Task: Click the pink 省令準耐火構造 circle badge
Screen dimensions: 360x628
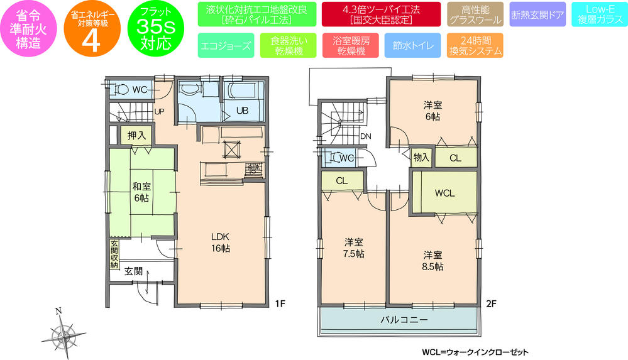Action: pos(29,30)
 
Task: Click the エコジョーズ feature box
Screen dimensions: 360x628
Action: pos(226,46)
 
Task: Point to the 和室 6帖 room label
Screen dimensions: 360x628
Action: pos(141,192)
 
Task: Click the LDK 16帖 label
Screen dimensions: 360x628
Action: pos(219,243)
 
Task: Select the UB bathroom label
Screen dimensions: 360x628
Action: pos(242,110)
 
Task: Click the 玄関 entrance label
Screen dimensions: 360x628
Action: pos(133,271)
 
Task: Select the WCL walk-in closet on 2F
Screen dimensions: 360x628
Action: pos(444,193)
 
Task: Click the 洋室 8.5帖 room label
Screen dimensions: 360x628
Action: pos(432,260)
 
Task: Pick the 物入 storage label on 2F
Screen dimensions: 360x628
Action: pos(421,158)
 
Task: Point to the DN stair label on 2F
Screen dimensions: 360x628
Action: pos(366,135)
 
